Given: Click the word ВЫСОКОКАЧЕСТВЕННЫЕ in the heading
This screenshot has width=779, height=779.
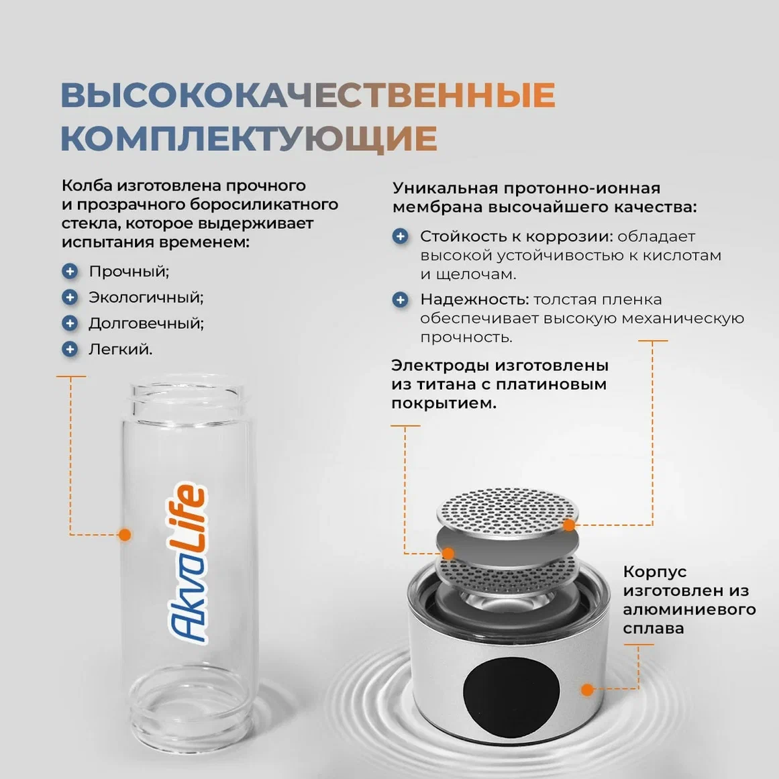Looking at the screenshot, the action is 308,95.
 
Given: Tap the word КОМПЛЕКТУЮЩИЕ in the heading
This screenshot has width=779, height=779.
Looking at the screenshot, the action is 249,139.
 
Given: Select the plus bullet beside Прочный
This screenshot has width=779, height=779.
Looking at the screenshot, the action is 70,271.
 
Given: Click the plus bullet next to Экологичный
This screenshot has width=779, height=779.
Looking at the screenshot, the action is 70,297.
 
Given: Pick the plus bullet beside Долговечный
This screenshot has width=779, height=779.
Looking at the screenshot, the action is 70,323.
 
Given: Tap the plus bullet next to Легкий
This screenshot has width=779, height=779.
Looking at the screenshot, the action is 70,350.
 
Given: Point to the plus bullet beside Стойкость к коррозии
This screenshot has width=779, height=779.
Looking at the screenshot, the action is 401,236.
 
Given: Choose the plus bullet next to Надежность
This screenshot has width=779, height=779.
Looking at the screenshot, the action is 401,299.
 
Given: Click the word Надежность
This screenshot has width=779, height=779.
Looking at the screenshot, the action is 472,299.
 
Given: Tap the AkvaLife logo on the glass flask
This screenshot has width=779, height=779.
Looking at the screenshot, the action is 187,562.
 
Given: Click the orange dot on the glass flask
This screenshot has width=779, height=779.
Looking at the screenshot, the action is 125,535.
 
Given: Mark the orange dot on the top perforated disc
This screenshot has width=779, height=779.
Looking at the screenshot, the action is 570,525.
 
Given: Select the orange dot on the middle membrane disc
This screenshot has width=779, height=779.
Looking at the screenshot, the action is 448,553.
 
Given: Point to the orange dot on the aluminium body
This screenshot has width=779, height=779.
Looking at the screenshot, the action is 587,689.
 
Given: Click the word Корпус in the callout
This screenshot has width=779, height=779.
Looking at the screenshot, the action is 655,572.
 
